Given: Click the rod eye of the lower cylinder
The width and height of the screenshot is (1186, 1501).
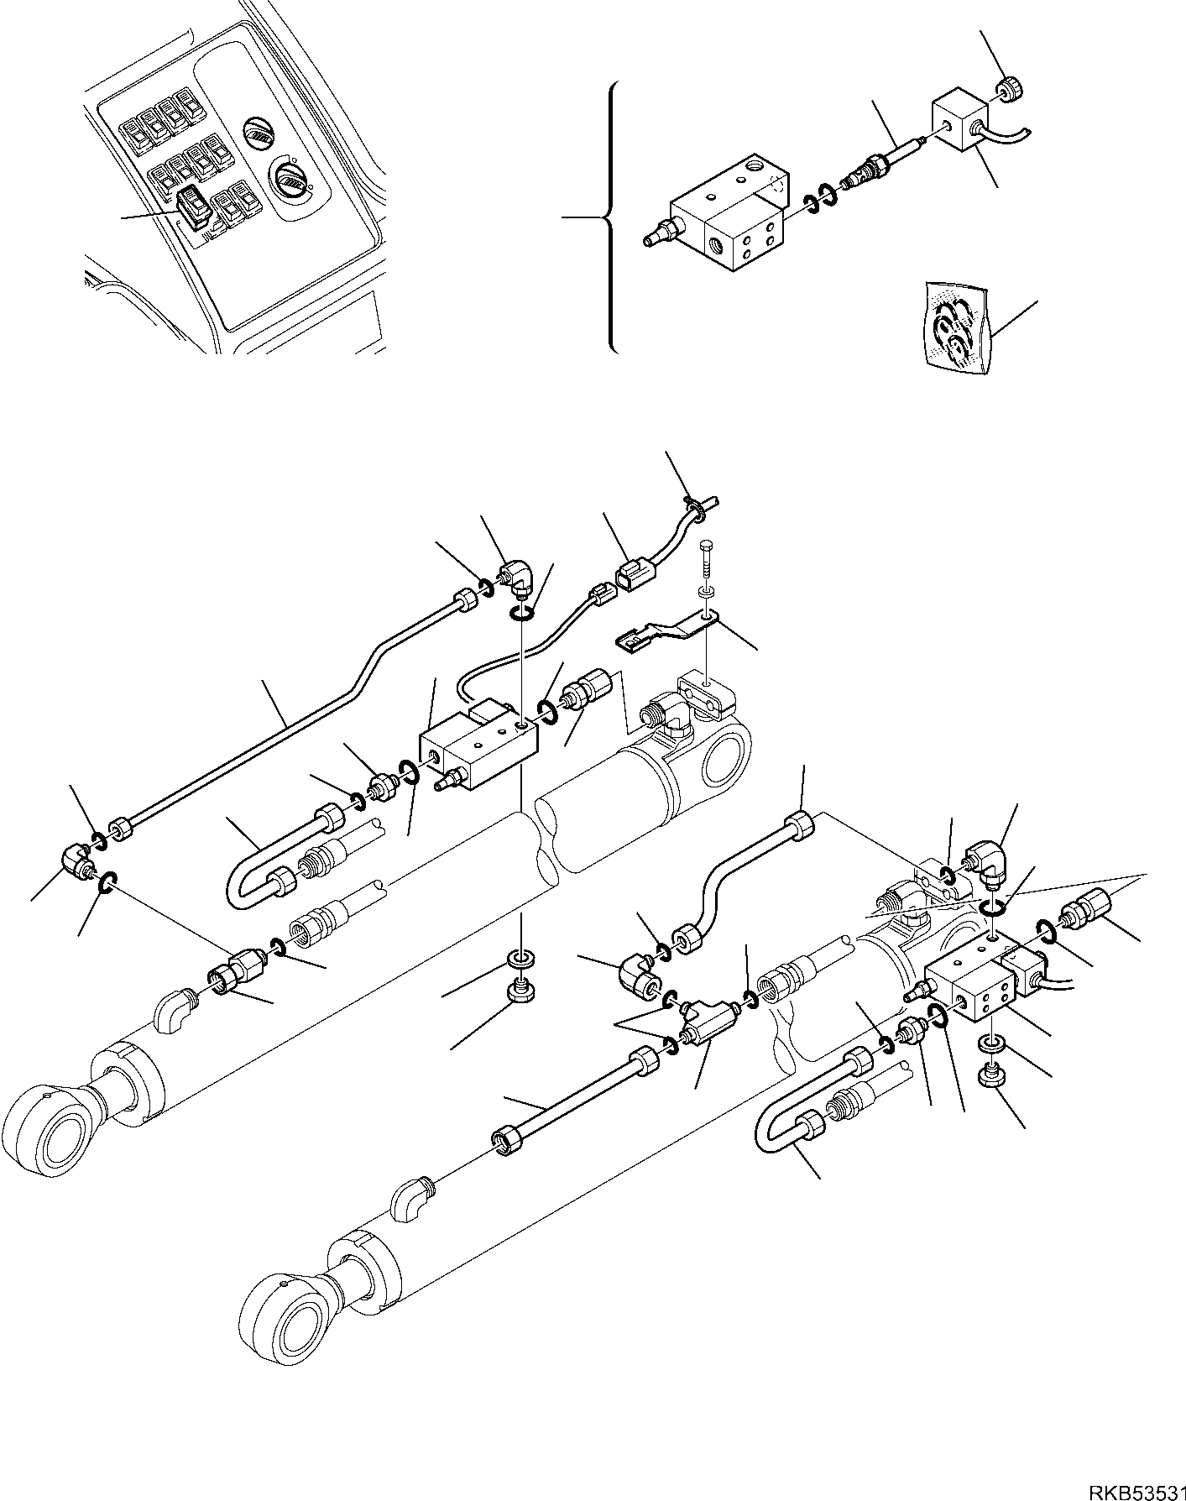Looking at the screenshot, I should click(280, 1324).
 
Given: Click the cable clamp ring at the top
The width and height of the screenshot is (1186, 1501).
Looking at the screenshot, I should click(694, 506).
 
